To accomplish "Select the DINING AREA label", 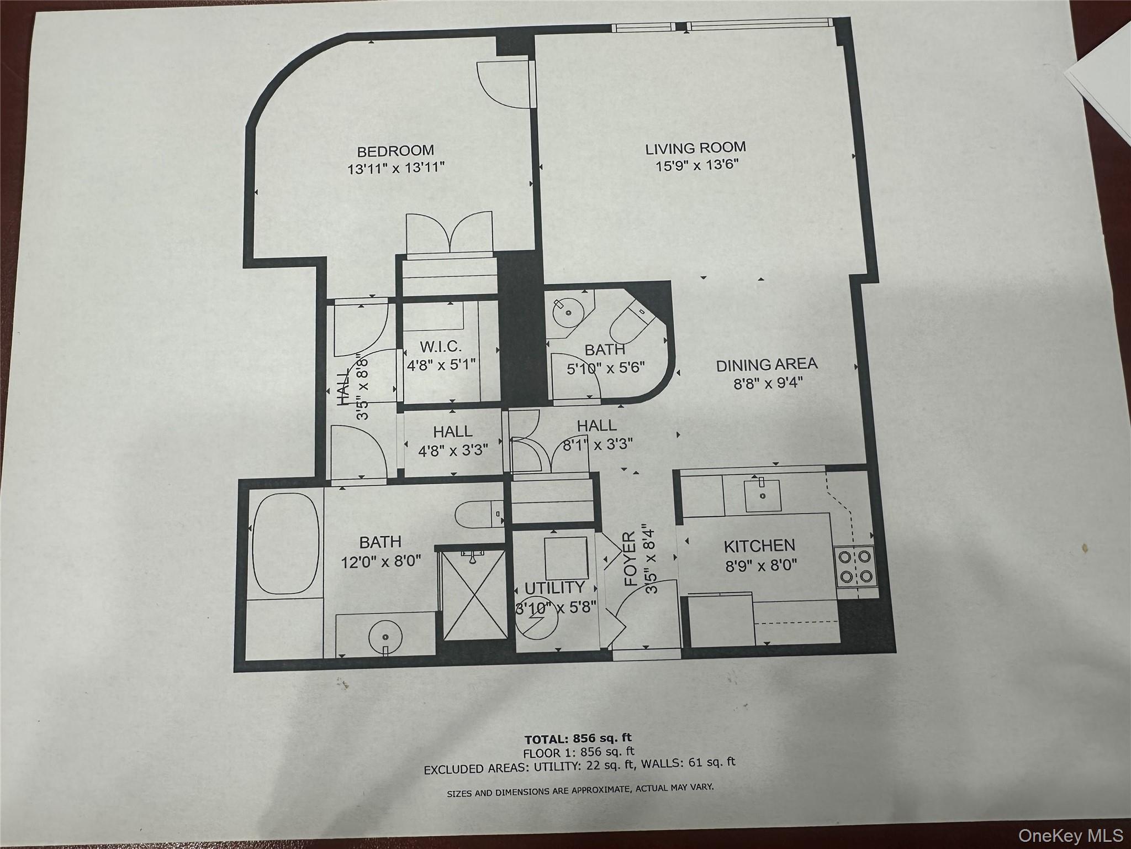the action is tap(767, 365).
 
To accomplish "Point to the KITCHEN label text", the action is tap(759, 546).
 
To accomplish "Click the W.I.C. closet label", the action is tap(441, 347).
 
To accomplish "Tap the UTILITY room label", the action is tap(554, 588).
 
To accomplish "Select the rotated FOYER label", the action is tap(631, 559).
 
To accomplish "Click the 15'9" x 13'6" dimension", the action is tap(697, 165).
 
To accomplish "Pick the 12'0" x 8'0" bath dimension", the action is tap(381, 562).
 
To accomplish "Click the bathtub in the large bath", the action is tap(285, 543).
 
